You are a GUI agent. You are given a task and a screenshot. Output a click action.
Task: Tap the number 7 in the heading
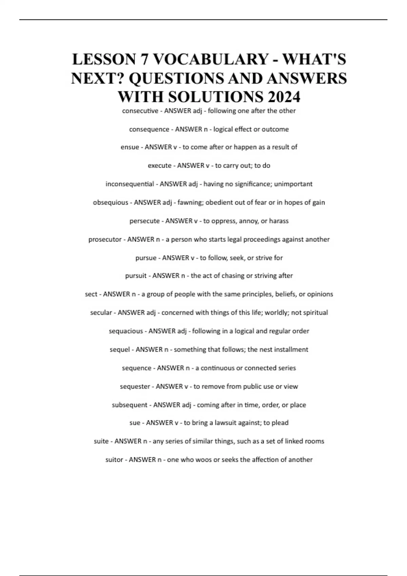tap(143, 60)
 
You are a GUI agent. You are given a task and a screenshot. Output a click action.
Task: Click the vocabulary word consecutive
tap(140, 111)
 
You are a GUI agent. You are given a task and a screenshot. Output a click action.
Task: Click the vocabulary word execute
tap(159, 166)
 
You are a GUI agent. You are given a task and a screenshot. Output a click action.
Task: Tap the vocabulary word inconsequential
tap(130, 184)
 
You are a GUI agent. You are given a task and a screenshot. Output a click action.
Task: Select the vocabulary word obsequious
tap(111, 203)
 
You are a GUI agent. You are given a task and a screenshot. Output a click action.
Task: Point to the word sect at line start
tap(91, 294)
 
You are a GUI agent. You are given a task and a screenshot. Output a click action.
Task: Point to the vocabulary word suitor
tap(114, 460)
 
